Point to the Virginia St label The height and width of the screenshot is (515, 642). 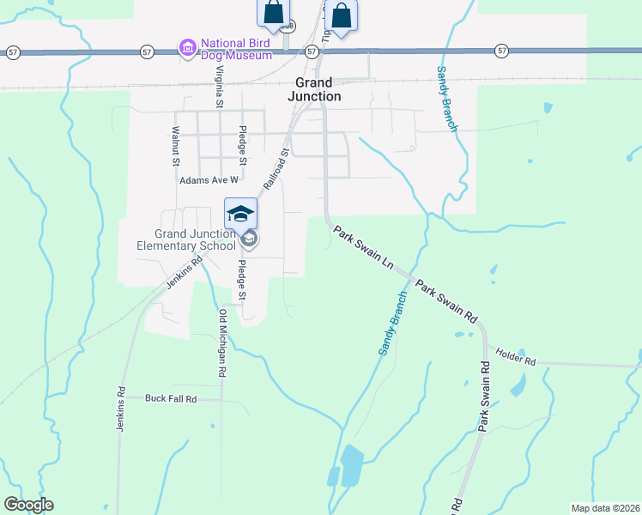tap(220, 87)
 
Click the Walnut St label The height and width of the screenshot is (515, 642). tap(175, 146)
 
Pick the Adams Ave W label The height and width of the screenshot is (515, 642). tap(208, 181)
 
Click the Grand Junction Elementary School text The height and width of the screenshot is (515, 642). tap(185, 239)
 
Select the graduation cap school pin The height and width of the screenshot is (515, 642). tap(240, 213)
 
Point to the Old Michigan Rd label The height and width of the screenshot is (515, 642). tap(222, 343)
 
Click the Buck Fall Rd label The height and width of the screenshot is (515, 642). tap(171, 398)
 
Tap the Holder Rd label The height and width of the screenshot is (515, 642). tap(515, 356)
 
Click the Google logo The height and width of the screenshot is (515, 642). tap(28, 505)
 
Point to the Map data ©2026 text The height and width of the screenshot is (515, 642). tap(604, 508)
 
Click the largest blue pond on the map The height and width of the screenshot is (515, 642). tap(352, 465)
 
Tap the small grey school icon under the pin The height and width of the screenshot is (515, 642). tap(249, 238)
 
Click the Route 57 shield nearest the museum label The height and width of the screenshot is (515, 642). tap(148, 52)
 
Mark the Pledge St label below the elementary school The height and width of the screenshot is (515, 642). tap(242, 280)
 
